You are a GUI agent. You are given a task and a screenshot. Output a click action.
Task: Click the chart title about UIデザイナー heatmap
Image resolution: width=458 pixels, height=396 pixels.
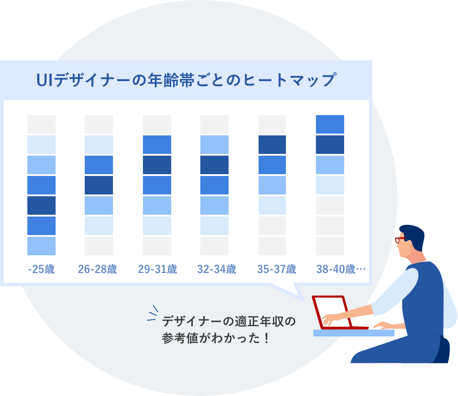(x=185, y=80)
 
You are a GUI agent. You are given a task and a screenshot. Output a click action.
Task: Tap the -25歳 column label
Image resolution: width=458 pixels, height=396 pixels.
(x=41, y=269)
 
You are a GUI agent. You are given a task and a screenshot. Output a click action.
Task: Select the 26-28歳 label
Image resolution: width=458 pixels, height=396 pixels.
(x=98, y=269)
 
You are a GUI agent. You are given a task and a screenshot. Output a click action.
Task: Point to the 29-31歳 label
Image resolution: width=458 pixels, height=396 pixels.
(x=158, y=269)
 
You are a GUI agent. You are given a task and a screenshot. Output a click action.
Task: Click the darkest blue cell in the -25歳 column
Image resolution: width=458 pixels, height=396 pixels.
(x=41, y=205)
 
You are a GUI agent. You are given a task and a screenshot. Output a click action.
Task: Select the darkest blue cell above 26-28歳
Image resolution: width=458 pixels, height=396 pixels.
(x=99, y=185)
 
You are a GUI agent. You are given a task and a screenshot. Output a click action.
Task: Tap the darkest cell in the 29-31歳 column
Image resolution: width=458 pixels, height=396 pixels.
(x=157, y=165)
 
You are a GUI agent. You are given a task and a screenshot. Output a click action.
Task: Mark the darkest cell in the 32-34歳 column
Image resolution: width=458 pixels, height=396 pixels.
(x=214, y=165)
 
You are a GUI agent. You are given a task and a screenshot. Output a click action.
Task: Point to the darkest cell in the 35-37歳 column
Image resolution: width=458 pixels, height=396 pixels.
(x=272, y=145)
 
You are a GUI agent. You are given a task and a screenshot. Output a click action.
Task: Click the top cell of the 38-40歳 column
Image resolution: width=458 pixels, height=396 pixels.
(x=330, y=124)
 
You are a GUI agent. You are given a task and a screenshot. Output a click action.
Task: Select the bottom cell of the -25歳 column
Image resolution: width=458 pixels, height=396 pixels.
(x=41, y=246)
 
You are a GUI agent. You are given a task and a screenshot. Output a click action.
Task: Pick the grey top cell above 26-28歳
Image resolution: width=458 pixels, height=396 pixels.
(x=99, y=124)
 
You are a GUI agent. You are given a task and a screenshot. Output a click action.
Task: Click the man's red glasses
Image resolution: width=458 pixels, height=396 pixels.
(x=400, y=240)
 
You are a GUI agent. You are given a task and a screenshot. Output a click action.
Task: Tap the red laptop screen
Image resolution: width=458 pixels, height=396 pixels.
(x=332, y=311)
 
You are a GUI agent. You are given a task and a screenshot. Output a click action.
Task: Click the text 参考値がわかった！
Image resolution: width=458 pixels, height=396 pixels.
(x=215, y=340)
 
